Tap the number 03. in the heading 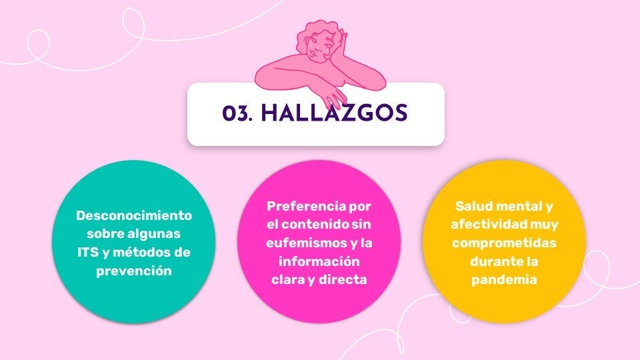coord(237,113)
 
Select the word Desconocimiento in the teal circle coord(134,215)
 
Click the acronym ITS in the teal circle coord(88,252)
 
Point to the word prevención coord(134,271)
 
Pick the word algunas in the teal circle coord(154,234)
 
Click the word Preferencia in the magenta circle coord(306,206)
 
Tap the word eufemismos coord(306,243)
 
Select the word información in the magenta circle coord(319,261)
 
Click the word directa coord(343,279)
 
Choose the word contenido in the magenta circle coord(315,225)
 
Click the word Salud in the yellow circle coord(474,206)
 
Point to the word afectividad coord(489,225)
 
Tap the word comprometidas coord(504,243)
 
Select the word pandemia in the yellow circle coord(504,279)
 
